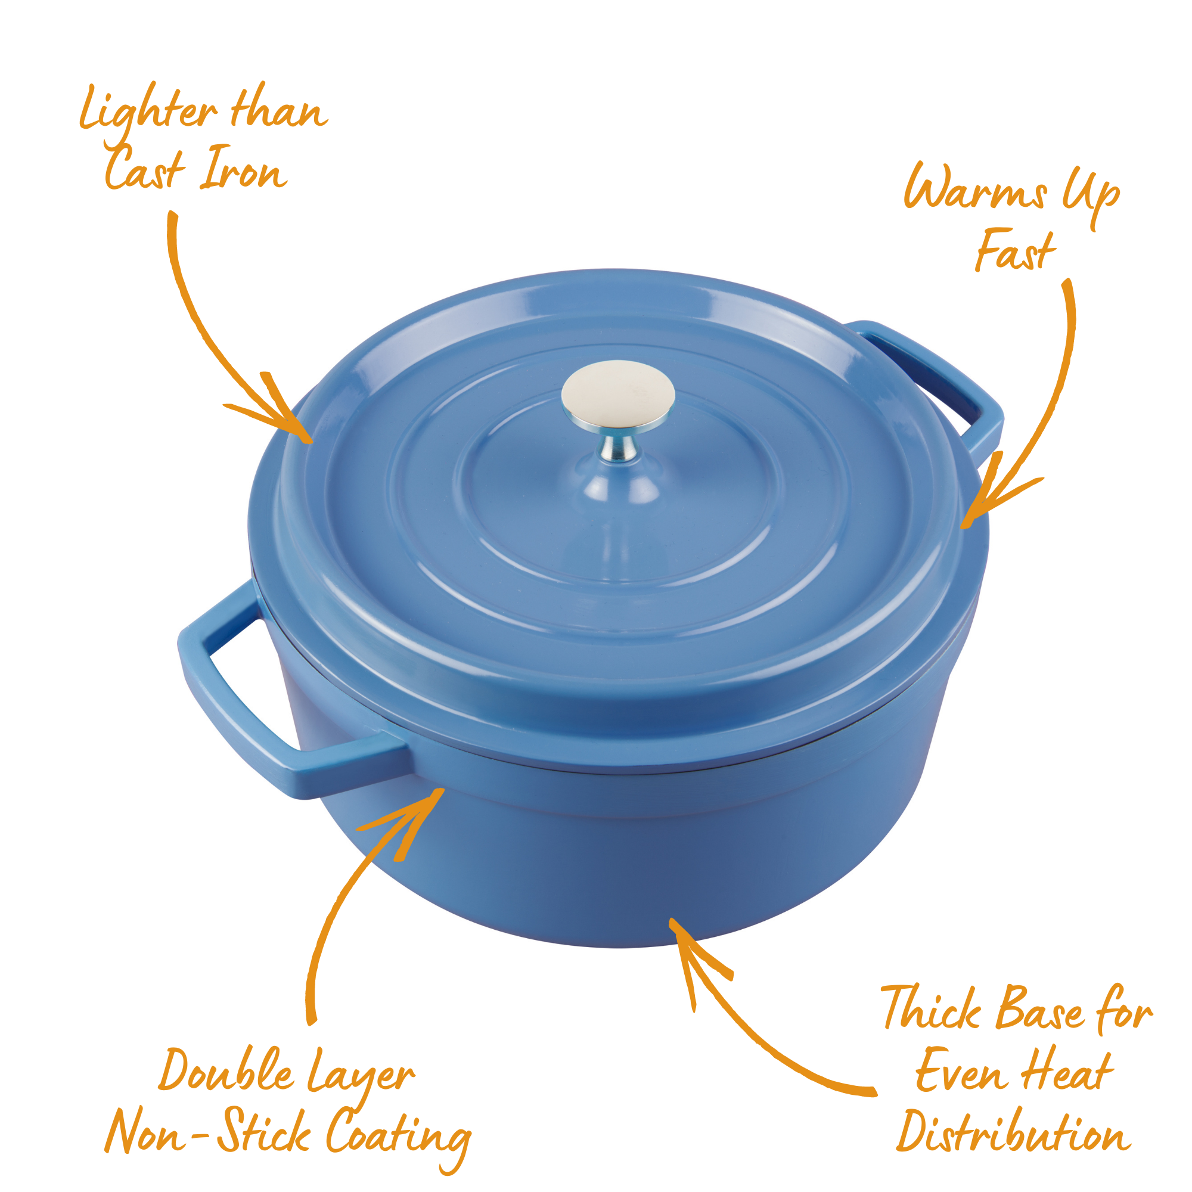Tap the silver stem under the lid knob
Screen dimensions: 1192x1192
pyautogui.click(x=618, y=445)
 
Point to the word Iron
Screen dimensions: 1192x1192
pyautogui.click(x=243, y=169)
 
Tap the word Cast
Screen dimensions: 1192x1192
pyautogui.click(x=145, y=169)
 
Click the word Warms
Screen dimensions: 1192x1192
pyautogui.click(x=976, y=187)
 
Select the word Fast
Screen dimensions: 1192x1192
pyautogui.click(x=1016, y=250)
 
